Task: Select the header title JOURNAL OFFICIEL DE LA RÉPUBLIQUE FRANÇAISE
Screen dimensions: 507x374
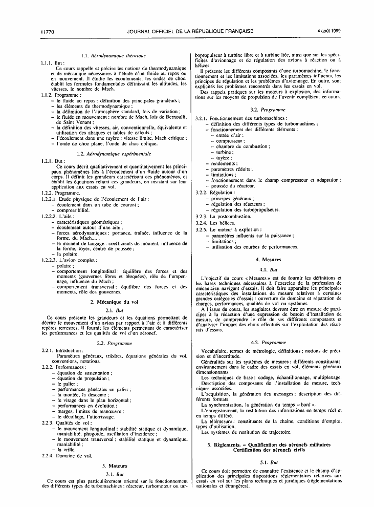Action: pos(190,31)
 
